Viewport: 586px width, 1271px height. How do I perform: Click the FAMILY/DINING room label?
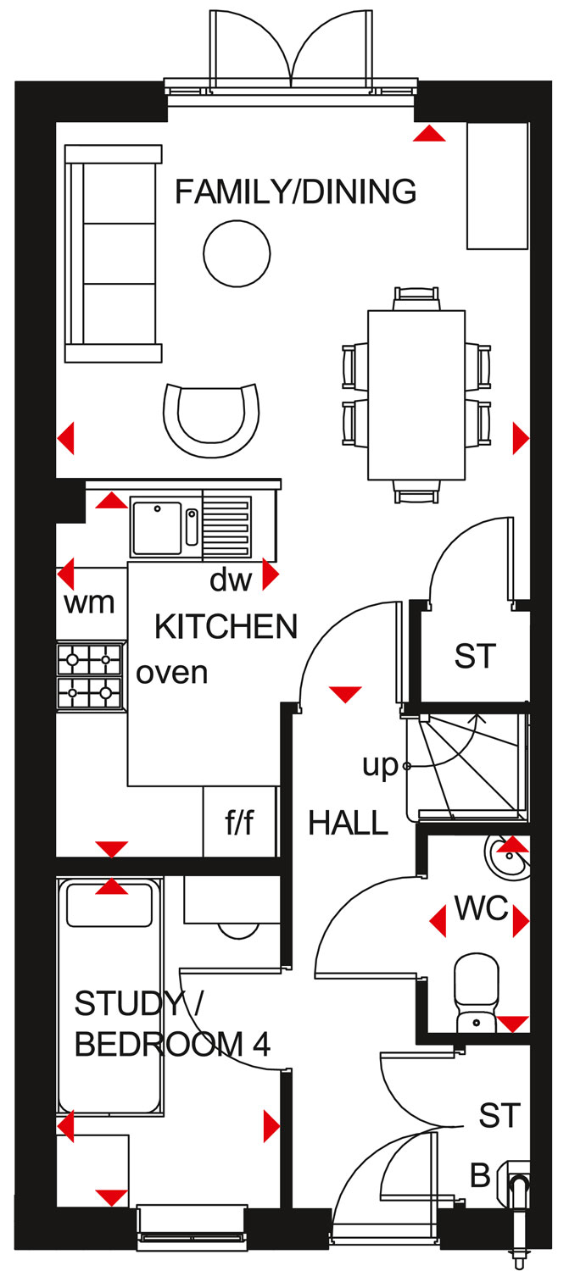(x=295, y=191)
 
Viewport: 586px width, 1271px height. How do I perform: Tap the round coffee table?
(x=237, y=253)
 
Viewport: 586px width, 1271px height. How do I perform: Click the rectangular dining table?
(x=416, y=395)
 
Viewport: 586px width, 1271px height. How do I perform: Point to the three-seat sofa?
(x=113, y=253)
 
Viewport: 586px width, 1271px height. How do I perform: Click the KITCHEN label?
(x=226, y=626)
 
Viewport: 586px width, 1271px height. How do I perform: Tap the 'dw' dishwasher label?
(x=231, y=580)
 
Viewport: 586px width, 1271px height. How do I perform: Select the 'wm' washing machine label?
(x=89, y=602)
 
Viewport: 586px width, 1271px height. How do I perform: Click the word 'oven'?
(x=171, y=673)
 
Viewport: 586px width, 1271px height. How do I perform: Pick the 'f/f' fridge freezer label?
(x=240, y=822)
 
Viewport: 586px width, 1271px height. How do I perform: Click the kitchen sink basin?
(x=157, y=528)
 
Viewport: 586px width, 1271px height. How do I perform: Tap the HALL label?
(x=348, y=822)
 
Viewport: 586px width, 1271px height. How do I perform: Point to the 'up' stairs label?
(x=381, y=766)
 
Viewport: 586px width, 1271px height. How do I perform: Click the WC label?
(x=482, y=907)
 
